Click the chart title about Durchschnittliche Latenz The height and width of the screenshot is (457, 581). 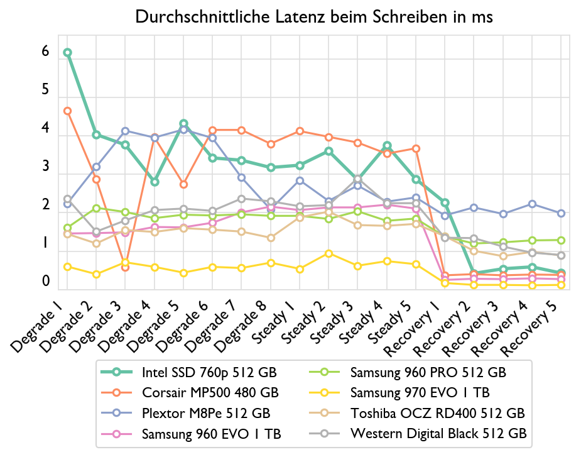click(x=314, y=18)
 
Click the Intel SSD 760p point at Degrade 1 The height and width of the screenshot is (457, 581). click(x=67, y=53)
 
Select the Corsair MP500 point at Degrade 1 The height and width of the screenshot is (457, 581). click(x=67, y=111)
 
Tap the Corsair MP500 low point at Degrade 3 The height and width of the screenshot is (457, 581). click(x=125, y=268)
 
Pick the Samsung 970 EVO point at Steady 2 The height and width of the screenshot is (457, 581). click(x=329, y=253)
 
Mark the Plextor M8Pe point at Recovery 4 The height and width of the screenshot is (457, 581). click(x=532, y=204)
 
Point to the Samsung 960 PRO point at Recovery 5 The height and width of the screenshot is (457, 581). click(x=561, y=240)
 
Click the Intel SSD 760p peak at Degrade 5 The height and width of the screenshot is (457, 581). click(x=183, y=124)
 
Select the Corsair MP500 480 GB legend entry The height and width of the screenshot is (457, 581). click(x=210, y=393)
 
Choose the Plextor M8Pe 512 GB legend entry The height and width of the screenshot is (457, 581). click(x=206, y=413)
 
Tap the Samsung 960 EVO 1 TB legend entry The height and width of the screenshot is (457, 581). click(x=211, y=433)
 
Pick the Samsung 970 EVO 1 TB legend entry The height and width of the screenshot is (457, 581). click(x=420, y=393)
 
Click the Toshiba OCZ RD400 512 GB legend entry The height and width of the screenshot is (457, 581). click(x=437, y=413)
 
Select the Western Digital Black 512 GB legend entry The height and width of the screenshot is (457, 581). click(x=438, y=433)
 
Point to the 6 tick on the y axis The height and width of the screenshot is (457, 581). click(x=45, y=52)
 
